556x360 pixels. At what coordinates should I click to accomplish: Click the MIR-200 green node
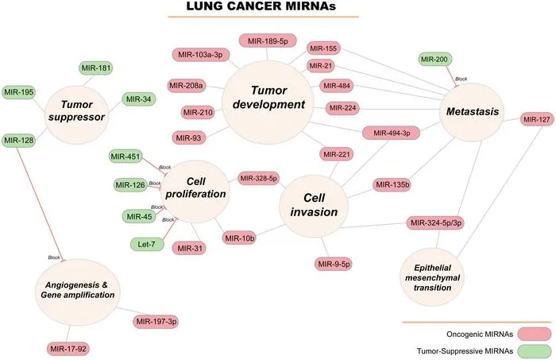[x=435, y=60]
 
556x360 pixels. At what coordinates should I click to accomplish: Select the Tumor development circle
[x=268, y=103]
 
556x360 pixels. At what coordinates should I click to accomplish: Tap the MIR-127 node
[x=537, y=119]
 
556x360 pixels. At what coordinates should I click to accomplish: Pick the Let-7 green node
[x=146, y=244]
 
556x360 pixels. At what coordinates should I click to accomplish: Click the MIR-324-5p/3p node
[x=435, y=223]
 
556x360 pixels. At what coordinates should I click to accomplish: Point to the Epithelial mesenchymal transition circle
[x=432, y=277]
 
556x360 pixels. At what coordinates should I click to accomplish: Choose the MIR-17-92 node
[x=68, y=349]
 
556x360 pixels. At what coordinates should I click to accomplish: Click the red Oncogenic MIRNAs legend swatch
[x=535, y=334]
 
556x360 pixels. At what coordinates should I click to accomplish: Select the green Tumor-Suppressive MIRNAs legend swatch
[x=535, y=351]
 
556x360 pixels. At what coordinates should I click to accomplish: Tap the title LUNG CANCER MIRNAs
[x=261, y=6]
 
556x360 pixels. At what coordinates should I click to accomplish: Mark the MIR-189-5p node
[x=268, y=41]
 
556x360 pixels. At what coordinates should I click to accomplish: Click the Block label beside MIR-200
[x=461, y=79]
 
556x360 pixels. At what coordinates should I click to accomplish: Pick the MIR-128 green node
[x=18, y=140]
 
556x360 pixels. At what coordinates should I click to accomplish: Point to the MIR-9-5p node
[x=334, y=264]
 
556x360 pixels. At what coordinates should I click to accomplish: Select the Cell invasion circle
[x=314, y=205]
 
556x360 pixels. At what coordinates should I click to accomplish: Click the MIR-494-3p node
[x=391, y=133]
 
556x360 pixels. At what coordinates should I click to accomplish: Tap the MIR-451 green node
[x=125, y=156]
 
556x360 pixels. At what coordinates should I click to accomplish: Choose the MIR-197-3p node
[x=156, y=322]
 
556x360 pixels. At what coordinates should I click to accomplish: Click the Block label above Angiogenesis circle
[x=54, y=257]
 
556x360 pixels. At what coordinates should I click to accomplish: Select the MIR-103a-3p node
[x=201, y=55]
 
